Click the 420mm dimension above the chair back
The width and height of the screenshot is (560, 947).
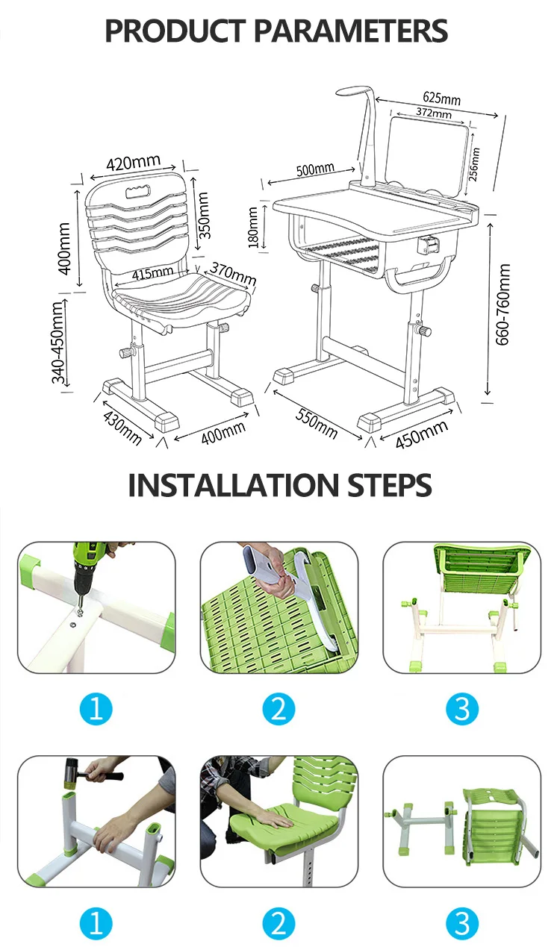pos(133,163)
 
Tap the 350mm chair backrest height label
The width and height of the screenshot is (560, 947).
pos(204,215)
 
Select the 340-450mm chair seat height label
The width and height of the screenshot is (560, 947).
pos(58,343)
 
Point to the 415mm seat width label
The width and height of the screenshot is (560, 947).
pos(152,272)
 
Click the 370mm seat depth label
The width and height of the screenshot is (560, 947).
pos(233,273)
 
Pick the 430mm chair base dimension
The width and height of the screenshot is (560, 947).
pos(122,428)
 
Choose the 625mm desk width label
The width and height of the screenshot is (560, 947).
pos(441,98)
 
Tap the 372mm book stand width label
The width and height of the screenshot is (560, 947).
pos(434,113)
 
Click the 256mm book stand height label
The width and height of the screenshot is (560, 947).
pos(475,164)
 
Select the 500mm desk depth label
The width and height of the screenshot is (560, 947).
pos(315,169)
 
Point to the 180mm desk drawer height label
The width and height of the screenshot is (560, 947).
pos(252,227)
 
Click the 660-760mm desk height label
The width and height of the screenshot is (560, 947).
pos(503,304)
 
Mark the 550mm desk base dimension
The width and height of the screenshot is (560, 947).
pos(317,424)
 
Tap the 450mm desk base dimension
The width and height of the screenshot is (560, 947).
pos(421,434)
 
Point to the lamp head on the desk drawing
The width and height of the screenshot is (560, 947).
pos(355,93)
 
